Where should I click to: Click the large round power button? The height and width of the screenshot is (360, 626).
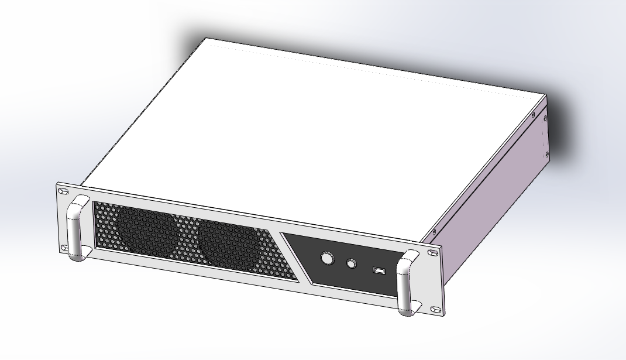tap(326, 258)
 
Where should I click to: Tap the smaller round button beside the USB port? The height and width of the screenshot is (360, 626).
tap(351, 263)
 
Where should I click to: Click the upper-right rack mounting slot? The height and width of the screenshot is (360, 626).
tap(433, 253)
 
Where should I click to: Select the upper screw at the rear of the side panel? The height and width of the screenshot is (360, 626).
tap(545, 119)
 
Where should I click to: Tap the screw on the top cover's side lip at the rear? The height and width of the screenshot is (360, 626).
tap(533, 115)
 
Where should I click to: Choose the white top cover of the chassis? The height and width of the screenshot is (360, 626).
tap(304, 129)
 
